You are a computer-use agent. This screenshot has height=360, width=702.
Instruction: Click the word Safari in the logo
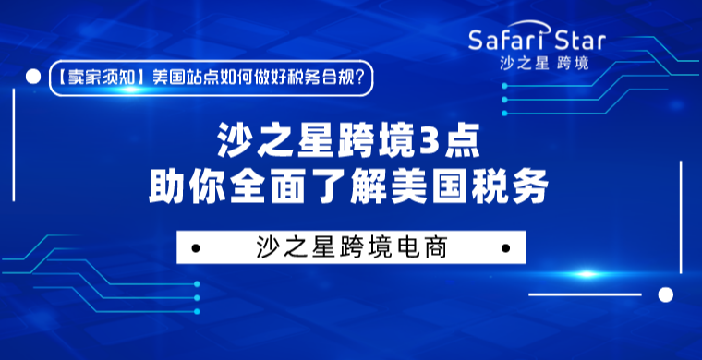(x=506, y=41)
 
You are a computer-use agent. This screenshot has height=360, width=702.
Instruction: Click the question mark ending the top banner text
(x=367, y=78)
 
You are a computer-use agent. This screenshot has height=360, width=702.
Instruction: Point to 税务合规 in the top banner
(x=323, y=78)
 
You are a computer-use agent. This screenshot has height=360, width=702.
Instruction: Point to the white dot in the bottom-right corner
(x=664, y=294)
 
